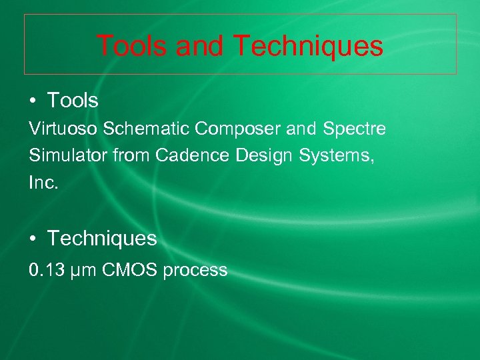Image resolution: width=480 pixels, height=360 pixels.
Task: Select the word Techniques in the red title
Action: (308, 46)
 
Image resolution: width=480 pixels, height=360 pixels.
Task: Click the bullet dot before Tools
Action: (33, 101)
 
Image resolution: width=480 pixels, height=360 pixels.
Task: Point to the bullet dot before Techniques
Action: (33, 239)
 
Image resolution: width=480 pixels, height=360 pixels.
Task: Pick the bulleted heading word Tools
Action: (73, 101)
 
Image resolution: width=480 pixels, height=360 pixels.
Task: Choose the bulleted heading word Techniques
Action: (102, 238)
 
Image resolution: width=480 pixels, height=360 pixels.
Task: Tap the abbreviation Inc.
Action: (44, 183)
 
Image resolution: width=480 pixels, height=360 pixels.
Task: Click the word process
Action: (195, 271)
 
